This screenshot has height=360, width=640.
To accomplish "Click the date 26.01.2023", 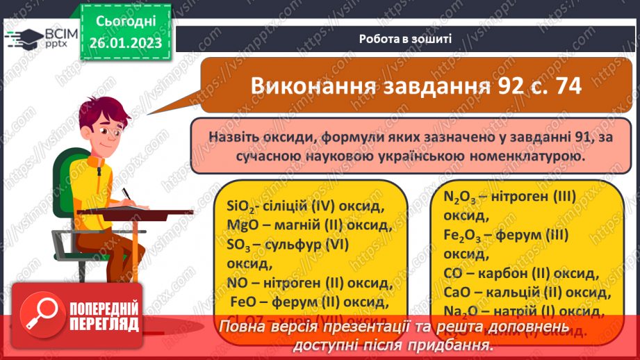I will coord(125,43).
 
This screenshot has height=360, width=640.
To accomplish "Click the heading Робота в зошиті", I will coord(405,39).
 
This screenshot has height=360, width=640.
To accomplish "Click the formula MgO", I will coord(242,226).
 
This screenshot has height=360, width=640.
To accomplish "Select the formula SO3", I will coord(240,245).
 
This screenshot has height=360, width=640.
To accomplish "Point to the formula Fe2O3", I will coord(465,236).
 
